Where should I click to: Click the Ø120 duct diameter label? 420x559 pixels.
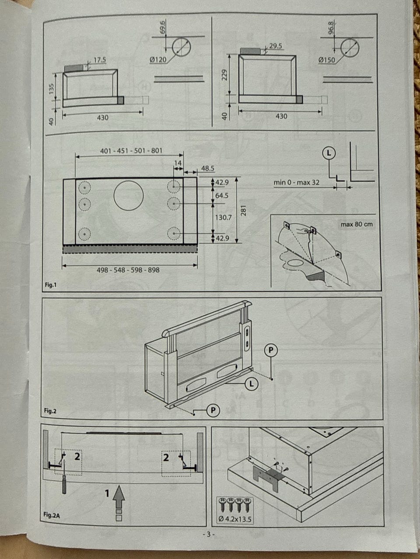(x=158, y=60)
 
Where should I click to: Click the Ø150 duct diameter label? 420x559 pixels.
(x=327, y=60)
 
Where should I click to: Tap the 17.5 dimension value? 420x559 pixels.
(x=100, y=60)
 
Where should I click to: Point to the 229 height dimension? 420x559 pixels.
(x=224, y=75)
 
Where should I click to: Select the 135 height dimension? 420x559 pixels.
(x=52, y=89)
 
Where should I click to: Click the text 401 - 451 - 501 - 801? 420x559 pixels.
(x=131, y=151)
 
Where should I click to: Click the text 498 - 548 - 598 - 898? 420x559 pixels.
(x=128, y=270)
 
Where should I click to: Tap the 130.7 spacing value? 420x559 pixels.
(x=224, y=217)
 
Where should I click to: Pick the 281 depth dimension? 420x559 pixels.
(x=244, y=210)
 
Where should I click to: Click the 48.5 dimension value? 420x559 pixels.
(x=207, y=168)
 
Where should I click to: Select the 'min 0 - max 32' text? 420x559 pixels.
(x=296, y=183)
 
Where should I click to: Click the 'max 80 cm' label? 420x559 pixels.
(x=357, y=224)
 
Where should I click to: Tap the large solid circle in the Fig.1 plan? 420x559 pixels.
(x=128, y=196)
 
